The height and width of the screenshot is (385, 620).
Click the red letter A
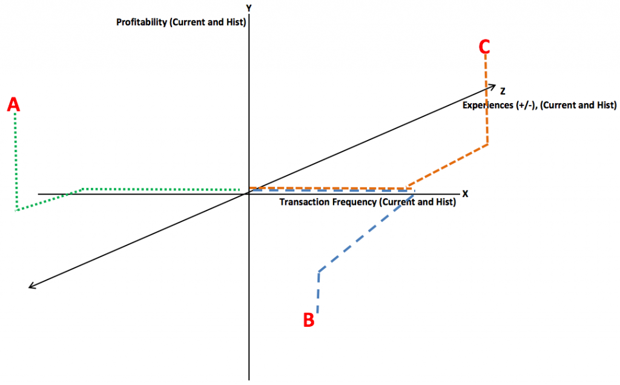point(13,104)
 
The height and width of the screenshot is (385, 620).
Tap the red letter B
point(309,320)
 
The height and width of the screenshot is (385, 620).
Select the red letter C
point(484,46)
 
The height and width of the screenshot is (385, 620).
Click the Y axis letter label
point(249,8)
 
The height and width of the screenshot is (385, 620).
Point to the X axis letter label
point(466,193)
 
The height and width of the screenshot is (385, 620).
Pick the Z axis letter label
point(503,91)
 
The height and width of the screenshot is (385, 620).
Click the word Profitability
point(142,22)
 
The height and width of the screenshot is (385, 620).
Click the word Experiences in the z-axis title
point(488,105)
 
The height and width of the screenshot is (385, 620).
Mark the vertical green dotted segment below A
point(16,162)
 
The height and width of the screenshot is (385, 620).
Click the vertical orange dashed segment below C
point(487,99)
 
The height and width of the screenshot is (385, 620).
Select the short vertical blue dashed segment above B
point(318,292)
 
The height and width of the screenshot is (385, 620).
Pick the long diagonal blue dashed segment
point(366,233)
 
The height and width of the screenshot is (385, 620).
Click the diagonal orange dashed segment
point(447,166)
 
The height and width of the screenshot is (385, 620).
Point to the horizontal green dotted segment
point(161,190)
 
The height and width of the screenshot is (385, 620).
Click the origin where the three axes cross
point(249,193)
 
